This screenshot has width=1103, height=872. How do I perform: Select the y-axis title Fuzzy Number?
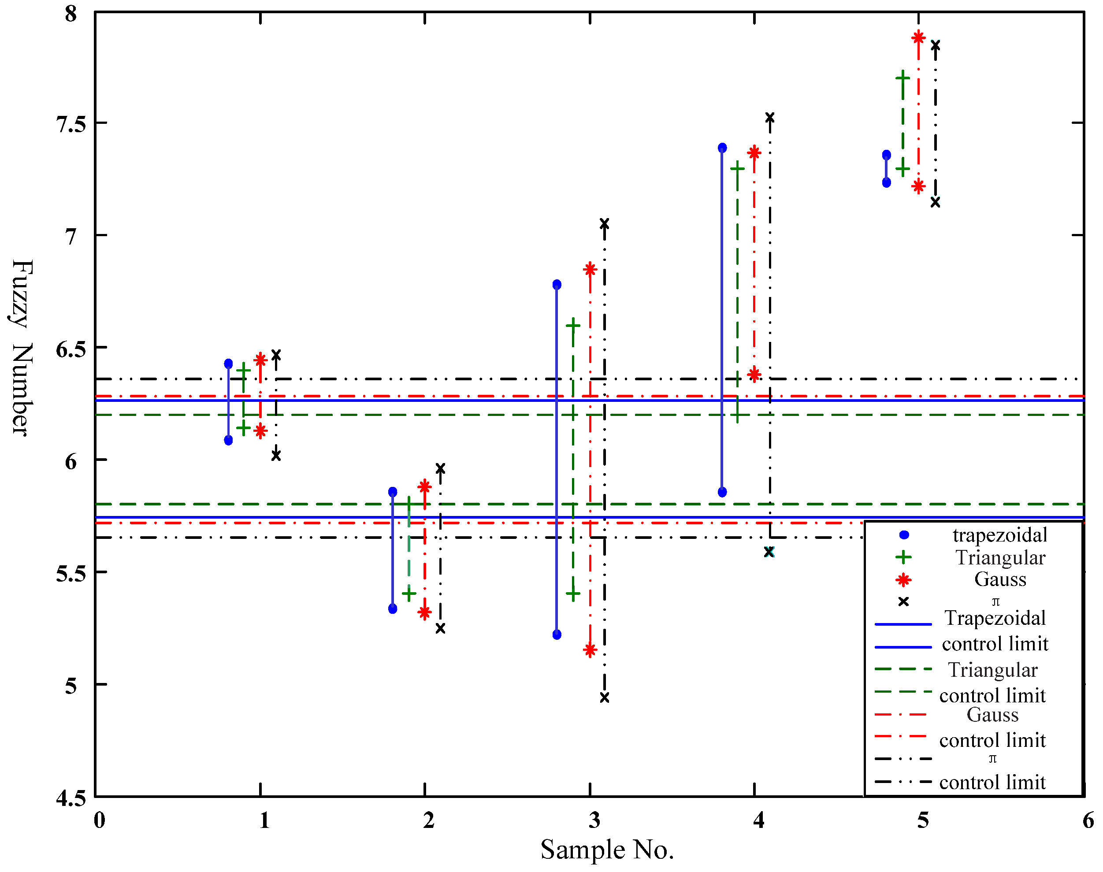pos(22,348)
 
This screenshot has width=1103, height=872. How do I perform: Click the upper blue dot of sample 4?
pos(722,148)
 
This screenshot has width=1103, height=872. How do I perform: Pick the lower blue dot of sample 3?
pos(557,635)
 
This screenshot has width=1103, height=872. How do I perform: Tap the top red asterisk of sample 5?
pos(918,37)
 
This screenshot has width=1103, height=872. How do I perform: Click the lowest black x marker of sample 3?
pos(604,698)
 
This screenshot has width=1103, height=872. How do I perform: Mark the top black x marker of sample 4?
pos(769,117)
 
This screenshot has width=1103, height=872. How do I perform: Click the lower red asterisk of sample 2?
pos(424,612)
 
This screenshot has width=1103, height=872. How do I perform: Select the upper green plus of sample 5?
pos(902,78)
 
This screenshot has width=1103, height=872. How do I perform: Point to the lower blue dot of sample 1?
pos(228,440)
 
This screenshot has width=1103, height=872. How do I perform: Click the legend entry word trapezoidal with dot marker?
pos(999,535)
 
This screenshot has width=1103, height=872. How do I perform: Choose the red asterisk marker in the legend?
pos(903,580)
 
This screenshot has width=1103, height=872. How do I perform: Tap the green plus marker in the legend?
pos(903,557)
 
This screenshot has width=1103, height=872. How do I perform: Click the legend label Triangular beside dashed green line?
pos(992,669)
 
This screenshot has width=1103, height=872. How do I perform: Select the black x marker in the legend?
pos(903,601)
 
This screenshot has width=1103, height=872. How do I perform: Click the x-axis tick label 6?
pos(1088,820)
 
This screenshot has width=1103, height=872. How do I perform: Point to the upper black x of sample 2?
pos(440,468)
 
